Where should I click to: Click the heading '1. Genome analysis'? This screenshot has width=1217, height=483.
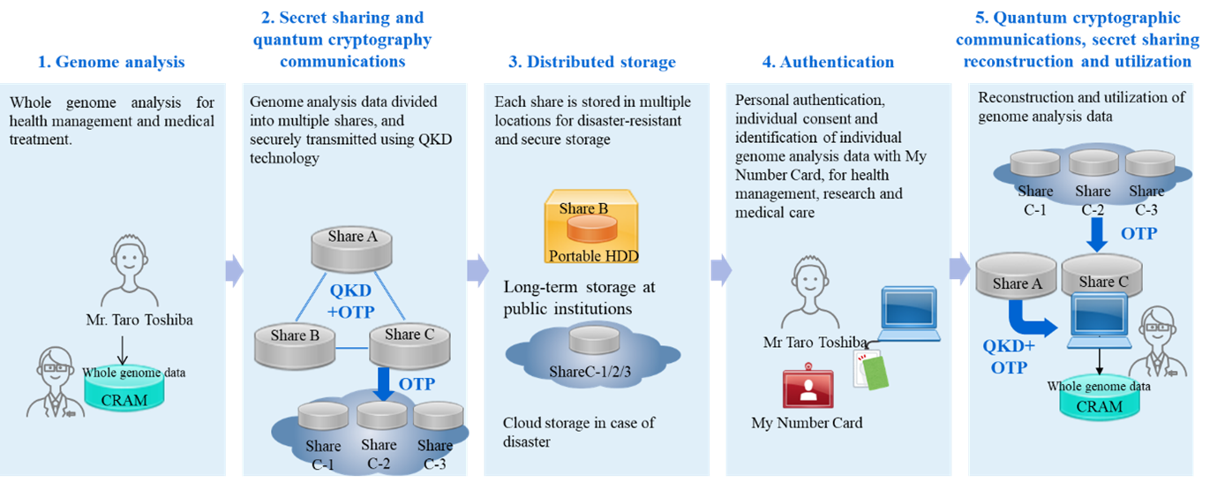111,62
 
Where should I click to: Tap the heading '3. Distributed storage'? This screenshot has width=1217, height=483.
592,62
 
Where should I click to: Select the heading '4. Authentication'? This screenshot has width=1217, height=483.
828,62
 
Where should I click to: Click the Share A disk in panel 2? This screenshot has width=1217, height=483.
351,249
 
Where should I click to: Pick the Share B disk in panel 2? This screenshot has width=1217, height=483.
295,346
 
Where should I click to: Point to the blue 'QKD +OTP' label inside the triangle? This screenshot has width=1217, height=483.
350,301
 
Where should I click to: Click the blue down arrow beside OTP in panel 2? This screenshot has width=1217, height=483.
384,384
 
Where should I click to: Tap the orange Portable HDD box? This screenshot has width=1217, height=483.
591,227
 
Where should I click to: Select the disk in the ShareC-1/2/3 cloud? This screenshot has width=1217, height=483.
594,340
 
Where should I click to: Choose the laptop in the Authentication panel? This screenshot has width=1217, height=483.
909,314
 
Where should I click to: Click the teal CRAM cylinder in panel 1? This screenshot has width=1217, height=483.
124,389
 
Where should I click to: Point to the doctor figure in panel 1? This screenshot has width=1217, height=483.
55,382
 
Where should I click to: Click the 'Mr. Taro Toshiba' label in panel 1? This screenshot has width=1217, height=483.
139,320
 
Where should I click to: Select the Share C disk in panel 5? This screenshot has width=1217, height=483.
1101,275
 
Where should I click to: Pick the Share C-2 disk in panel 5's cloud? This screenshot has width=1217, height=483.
1093,163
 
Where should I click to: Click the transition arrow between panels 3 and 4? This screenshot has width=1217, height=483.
721,270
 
